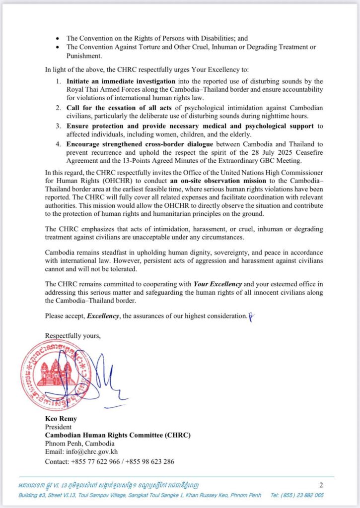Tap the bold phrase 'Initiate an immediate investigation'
click(121, 81)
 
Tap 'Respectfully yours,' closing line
click(72, 335)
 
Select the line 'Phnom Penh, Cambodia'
click(79, 444)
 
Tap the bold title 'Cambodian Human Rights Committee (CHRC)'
click(118, 435)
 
